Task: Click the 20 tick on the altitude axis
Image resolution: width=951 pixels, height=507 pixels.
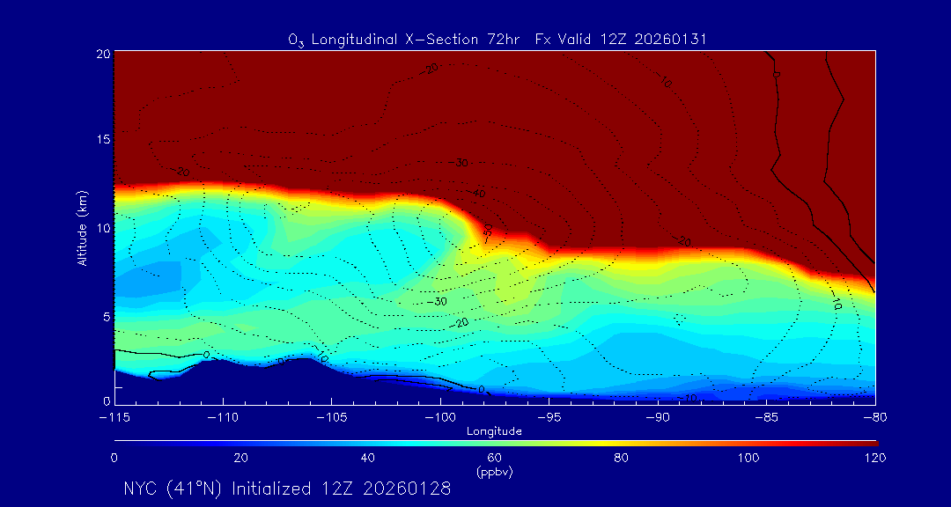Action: coord(102,54)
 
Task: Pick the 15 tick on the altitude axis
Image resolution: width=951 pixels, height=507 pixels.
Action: coord(102,140)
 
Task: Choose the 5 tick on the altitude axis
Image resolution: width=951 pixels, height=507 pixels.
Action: coord(105,315)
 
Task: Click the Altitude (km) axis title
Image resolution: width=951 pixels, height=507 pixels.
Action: coord(83,227)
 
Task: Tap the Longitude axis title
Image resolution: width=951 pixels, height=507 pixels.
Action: coord(495,431)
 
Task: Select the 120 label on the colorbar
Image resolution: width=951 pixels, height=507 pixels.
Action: coord(874,458)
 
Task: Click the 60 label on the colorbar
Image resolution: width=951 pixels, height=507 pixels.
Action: coord(495,458)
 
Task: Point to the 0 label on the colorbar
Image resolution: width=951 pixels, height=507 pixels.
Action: coord(114,458)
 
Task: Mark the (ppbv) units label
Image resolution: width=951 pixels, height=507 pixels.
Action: coord(495,472)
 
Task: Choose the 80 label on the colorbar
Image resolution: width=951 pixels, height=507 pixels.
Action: coord(622,458)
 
